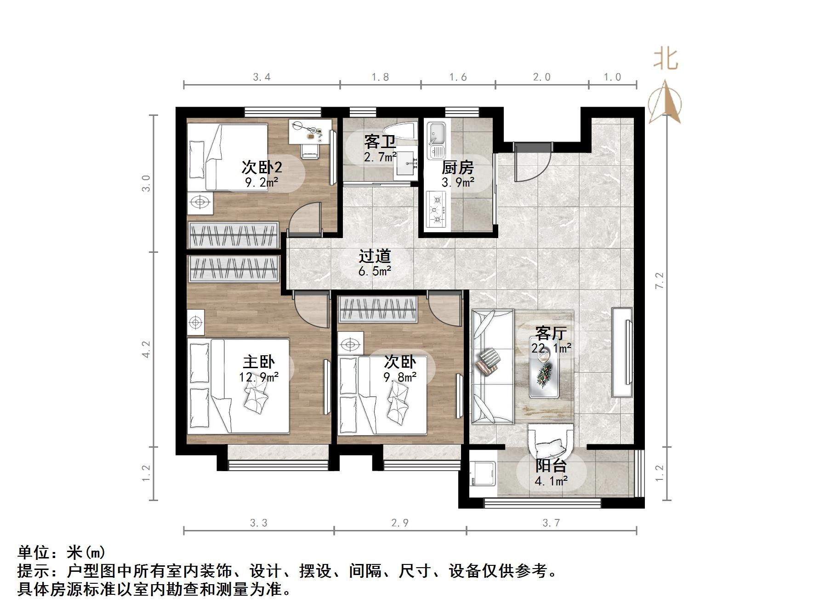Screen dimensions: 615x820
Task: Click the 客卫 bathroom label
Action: point(380,141)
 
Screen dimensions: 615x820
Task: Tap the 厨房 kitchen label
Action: point(457,167)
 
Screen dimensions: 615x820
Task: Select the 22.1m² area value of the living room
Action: point(551,348)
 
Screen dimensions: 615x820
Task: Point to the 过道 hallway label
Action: point(375,256)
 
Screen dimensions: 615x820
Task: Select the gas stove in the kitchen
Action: point(437,210)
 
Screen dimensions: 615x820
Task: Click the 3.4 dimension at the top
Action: point(262,77)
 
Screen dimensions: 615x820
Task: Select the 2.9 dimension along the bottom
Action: point(399,523)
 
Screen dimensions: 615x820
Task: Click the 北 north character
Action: point(666,60)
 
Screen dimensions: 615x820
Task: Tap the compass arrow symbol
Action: point(665,103)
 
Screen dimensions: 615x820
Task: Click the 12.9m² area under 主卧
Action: point(258,377)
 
